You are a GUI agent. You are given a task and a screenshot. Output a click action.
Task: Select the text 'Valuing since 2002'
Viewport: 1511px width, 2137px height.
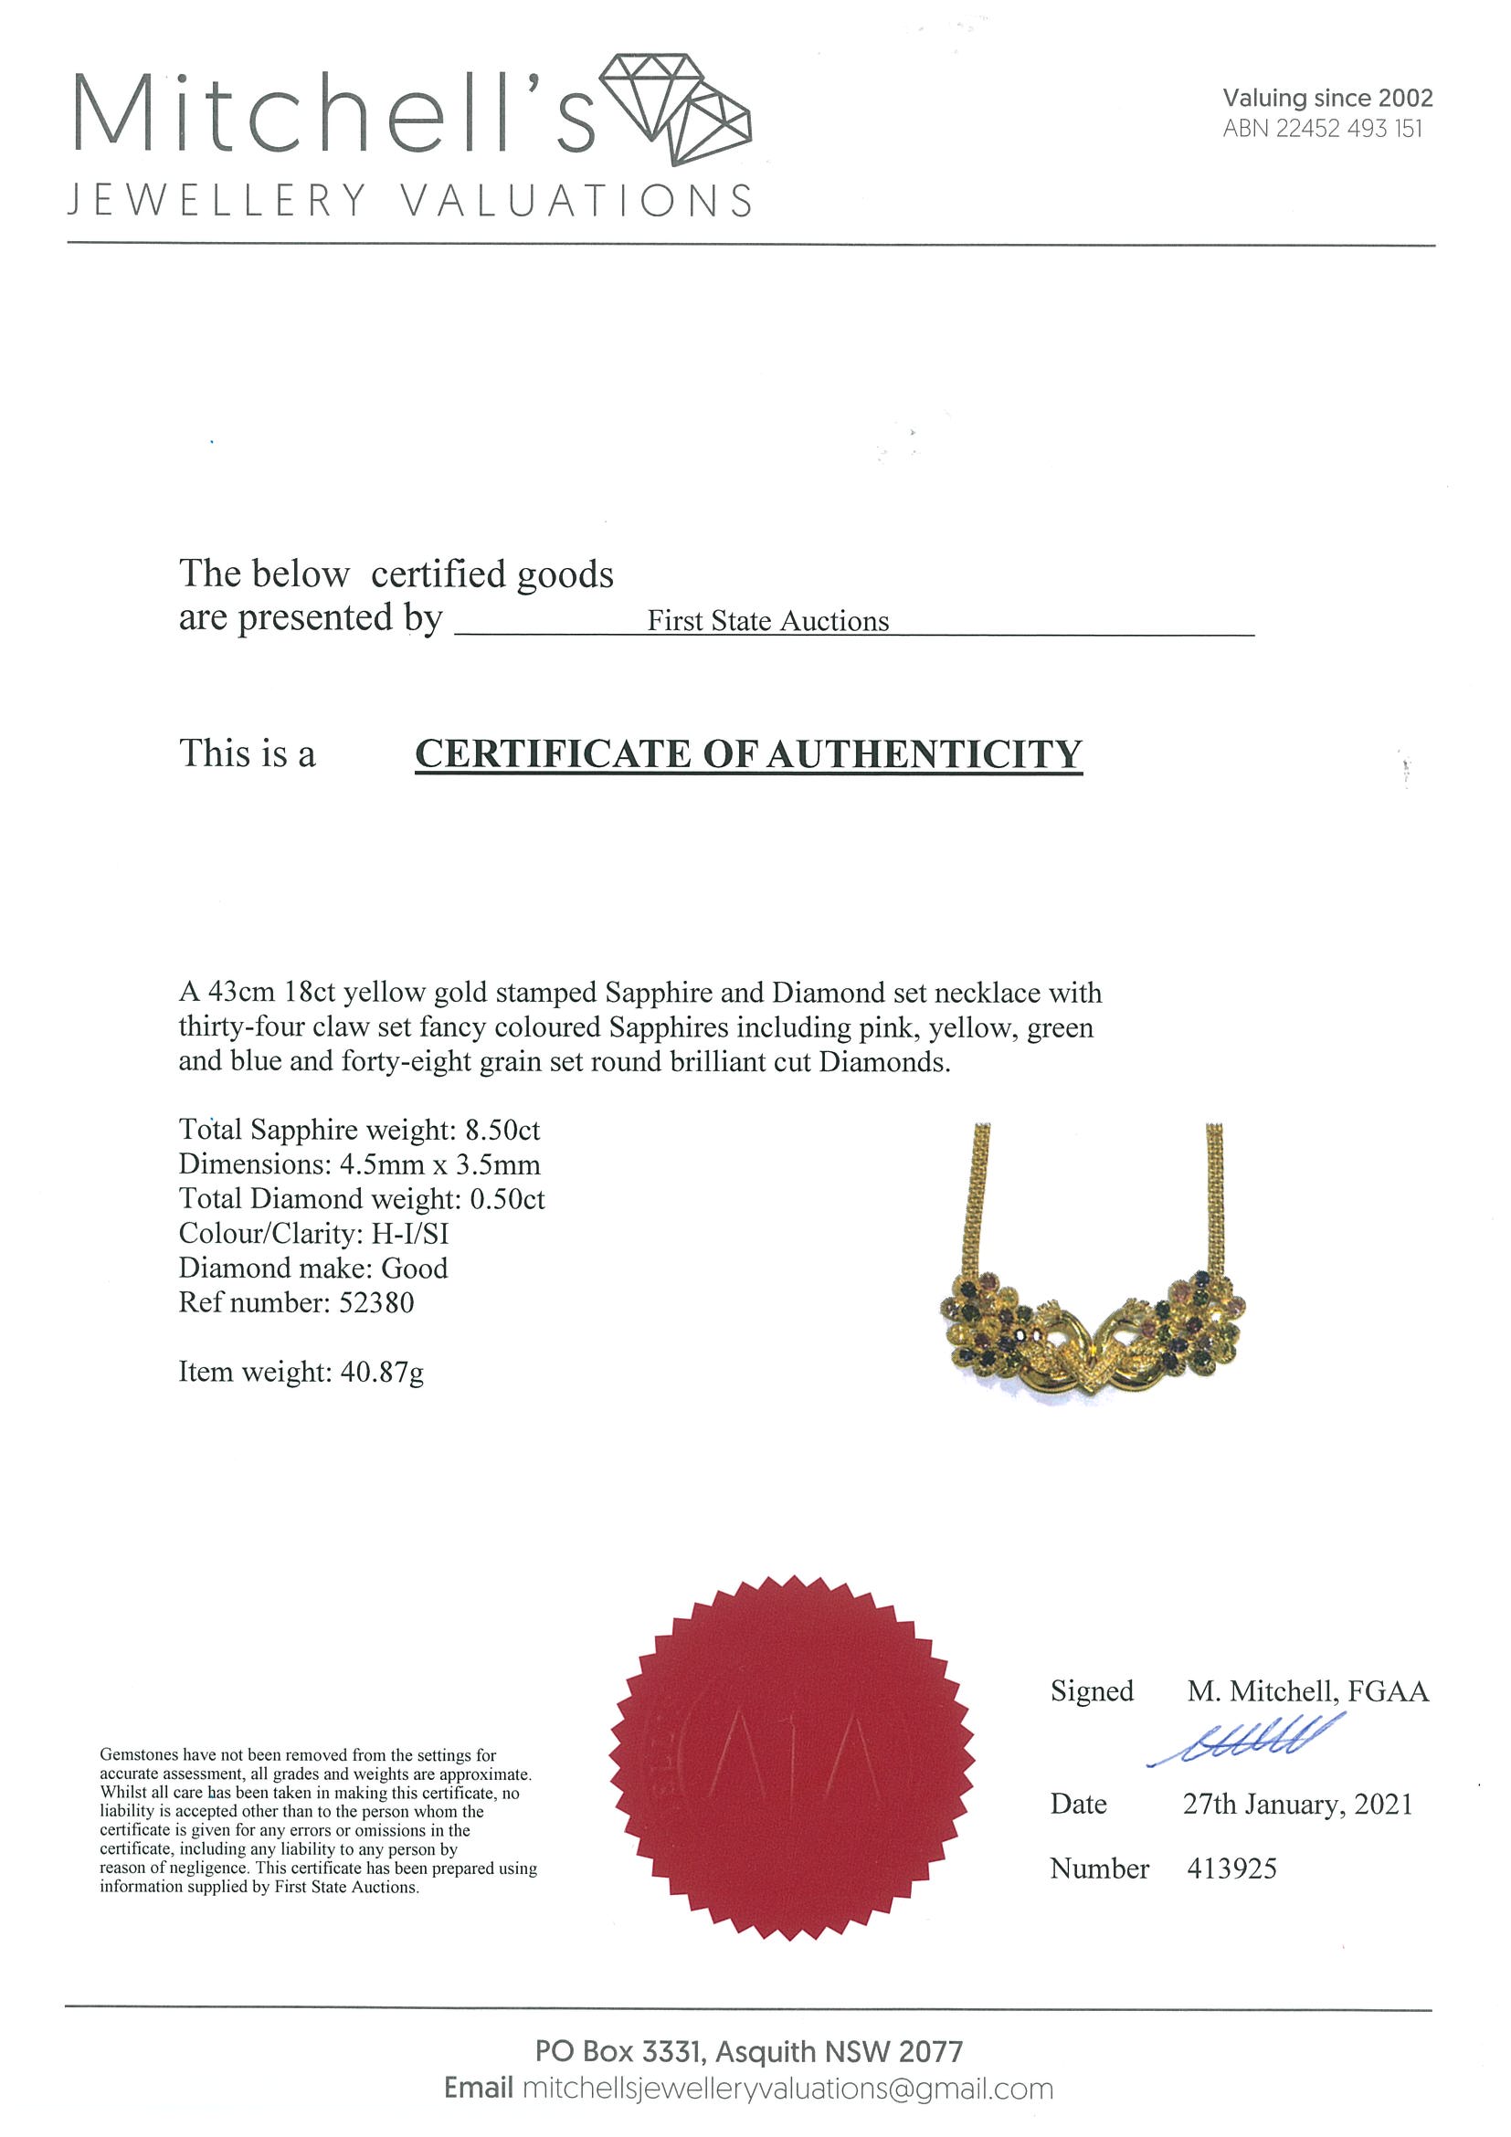pyautogui.click(x=1326, y=98)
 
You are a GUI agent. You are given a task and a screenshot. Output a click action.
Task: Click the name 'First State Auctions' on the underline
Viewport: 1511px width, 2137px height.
pyautogui.click(x=768, y=621)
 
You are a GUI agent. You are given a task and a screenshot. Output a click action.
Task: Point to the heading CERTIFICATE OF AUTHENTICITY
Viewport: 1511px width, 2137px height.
pyautogui.click(x=747, y=754)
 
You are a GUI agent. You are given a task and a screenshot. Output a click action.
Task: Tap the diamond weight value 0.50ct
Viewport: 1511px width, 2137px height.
pyautogui.click(x=506, y=1199)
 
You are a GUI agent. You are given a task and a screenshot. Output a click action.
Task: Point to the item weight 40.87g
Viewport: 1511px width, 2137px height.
pyautogui.click(x=382, y=1372)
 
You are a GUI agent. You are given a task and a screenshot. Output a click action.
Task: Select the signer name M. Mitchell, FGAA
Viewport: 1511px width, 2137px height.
pyautogui.click(x=1307, y=1691)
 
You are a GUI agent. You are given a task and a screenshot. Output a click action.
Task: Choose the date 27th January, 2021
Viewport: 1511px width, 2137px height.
pyautogui.click(x=1297, y=1805)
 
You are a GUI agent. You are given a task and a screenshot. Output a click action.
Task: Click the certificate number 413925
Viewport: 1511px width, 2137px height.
pyautogui.click(x=1231, y=1869)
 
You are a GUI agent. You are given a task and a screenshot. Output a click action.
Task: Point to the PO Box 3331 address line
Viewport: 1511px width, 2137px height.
pyautogui.click(x=747, y=2051)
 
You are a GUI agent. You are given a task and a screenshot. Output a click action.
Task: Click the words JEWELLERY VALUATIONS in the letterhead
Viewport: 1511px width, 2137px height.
pyautogui.click(x=409, y=201)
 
